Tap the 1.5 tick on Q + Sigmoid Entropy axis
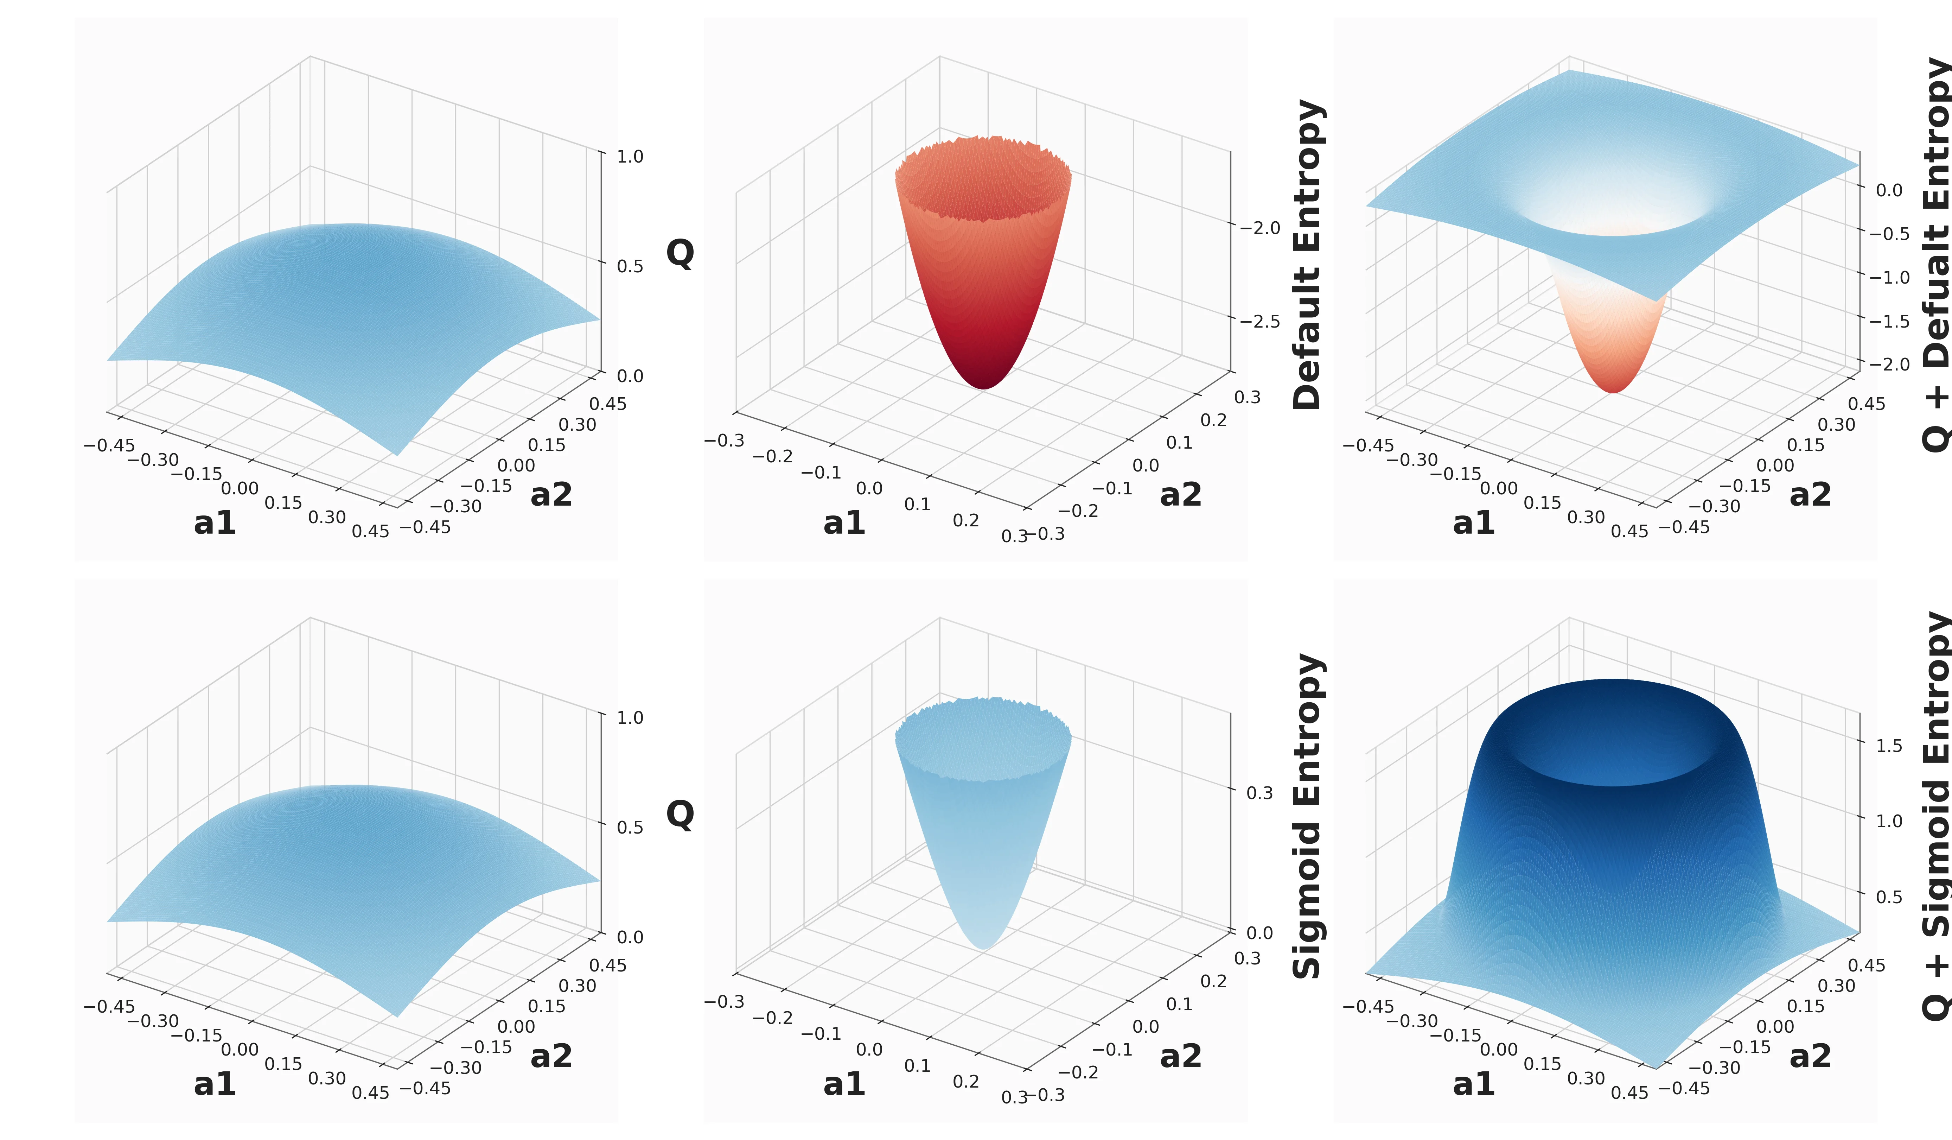click(1888, 746)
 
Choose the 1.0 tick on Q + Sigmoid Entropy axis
click(1888, 821)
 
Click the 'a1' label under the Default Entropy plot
click(844, 523)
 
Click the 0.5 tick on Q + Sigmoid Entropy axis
click(1888, 897)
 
